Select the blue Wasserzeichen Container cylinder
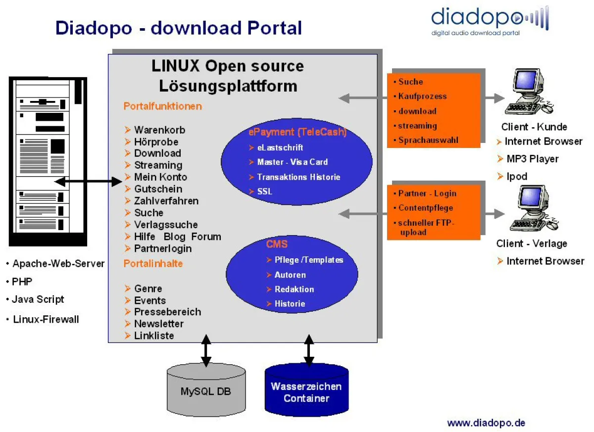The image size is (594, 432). [x=306, y=391]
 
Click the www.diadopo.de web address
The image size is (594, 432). [x=486, y=423]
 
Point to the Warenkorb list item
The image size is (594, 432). [x=159, y=130]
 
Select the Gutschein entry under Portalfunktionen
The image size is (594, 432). [x=158, y=189]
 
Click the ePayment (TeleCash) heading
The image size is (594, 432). [x=297, y=132]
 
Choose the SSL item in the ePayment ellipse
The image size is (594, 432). [x=264, y=191]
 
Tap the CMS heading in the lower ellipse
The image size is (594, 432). [x=277, y=244]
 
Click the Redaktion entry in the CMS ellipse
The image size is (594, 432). [x=294, y=289]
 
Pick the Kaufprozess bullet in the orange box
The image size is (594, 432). [x=422, y=96]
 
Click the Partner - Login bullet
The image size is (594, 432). [x=427, y=193]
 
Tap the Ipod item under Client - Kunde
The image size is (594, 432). [x=516, y=176]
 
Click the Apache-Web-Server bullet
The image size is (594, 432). [x=58, y=264]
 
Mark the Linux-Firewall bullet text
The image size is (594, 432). [x=46, y=319]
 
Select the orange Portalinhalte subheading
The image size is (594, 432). [x=153, y=263]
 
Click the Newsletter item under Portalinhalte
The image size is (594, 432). [x=158, y=324]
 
